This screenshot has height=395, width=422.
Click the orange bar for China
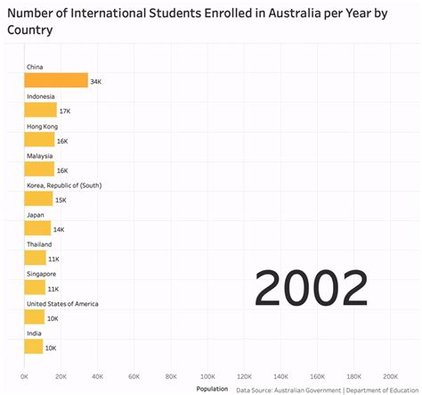point(55,81)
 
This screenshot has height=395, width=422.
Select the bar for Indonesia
point(40,111)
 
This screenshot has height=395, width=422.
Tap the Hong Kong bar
point(39,140)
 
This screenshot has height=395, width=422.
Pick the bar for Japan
point(37,228)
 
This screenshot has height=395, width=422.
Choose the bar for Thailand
point(35,258)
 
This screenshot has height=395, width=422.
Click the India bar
point(34,347)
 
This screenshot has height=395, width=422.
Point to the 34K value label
point(96,81)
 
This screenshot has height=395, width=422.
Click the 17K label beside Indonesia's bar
point(64,111)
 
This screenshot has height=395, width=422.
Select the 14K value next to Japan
point(59,229)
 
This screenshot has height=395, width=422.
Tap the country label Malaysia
point(40,155)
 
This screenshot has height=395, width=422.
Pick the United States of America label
point(62,303)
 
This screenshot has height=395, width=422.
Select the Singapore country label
point(42,274)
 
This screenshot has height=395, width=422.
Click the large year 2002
point(311,290)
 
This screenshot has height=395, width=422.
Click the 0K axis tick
point(25,375)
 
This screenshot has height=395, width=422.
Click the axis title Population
point(211,389)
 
